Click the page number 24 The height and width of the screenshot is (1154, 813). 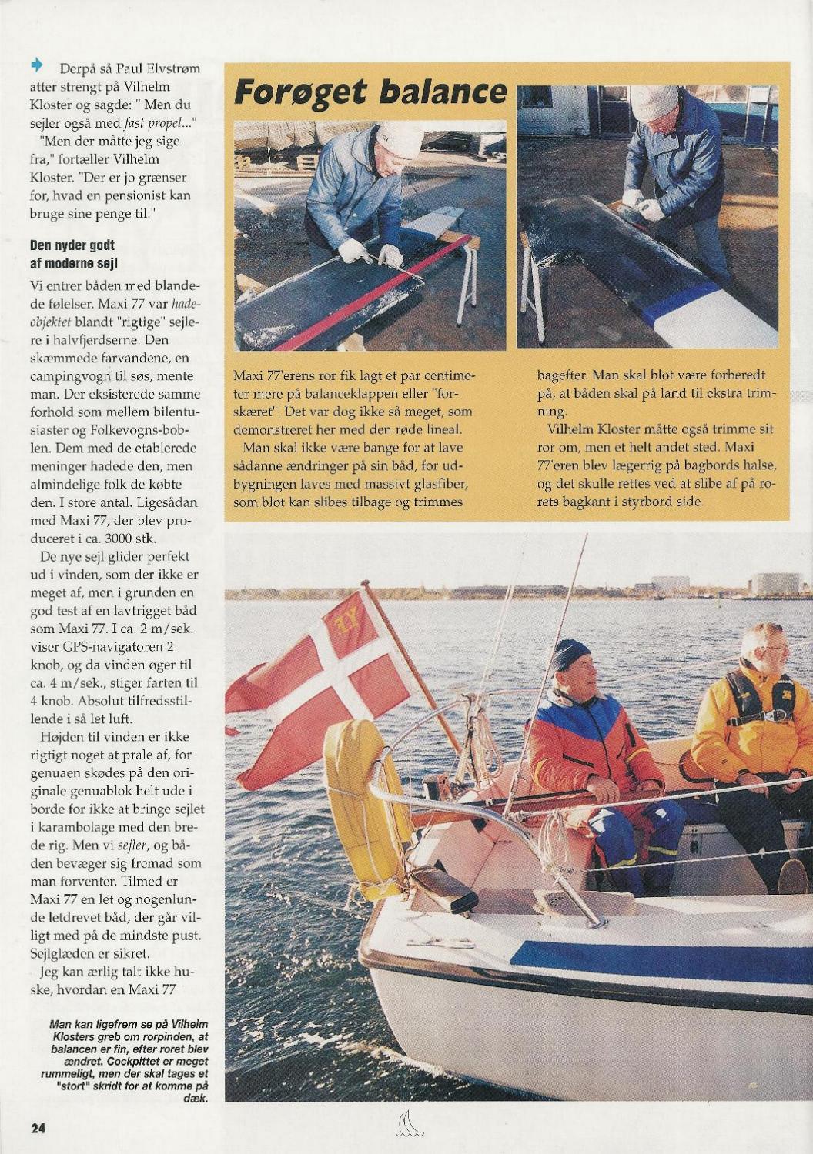[x=38, y=1129]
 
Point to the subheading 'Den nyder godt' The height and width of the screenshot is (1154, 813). [x=72, y=247]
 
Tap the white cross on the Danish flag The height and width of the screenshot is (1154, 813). [x=339, y=677]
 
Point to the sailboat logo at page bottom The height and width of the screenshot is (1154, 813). [x=407, y=1129]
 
